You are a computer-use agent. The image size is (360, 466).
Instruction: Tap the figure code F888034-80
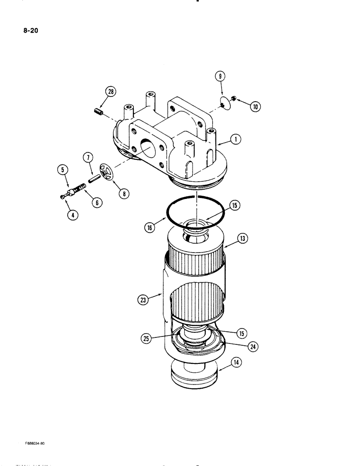32,443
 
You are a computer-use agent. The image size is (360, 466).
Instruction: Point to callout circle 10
255,107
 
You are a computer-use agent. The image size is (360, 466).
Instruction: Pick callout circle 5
63,170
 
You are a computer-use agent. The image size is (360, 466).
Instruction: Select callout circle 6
97,202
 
